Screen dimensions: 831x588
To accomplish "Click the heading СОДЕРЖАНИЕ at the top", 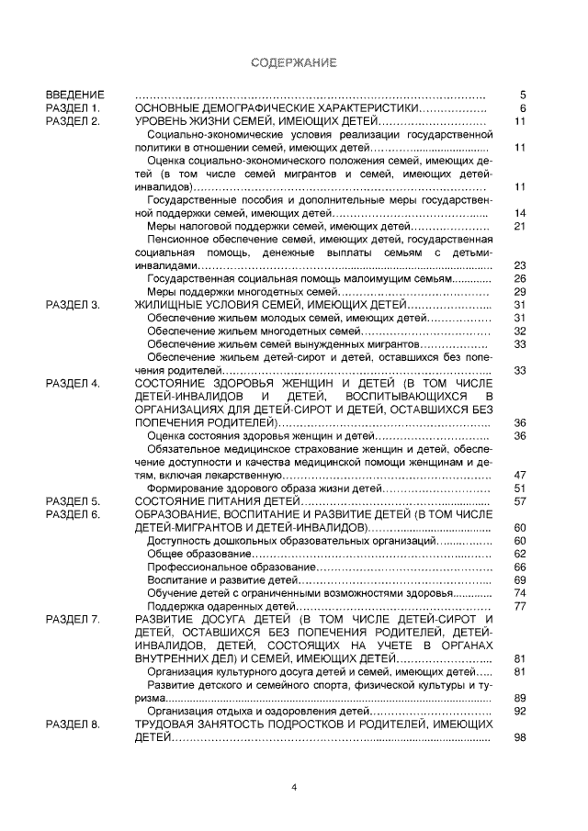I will (294, 63).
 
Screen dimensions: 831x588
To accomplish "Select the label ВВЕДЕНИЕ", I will (75, 95).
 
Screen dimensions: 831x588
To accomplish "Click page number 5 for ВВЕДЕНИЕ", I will (521, 95).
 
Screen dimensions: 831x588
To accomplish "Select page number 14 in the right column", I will (519, 213).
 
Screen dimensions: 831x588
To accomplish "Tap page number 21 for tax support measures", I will (519, 226).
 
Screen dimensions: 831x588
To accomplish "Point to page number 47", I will (519, 475).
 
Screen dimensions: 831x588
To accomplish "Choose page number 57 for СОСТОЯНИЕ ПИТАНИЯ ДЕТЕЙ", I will (519, 501).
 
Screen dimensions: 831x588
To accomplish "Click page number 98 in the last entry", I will (519, 738).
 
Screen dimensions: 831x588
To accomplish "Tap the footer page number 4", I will (294, 787).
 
